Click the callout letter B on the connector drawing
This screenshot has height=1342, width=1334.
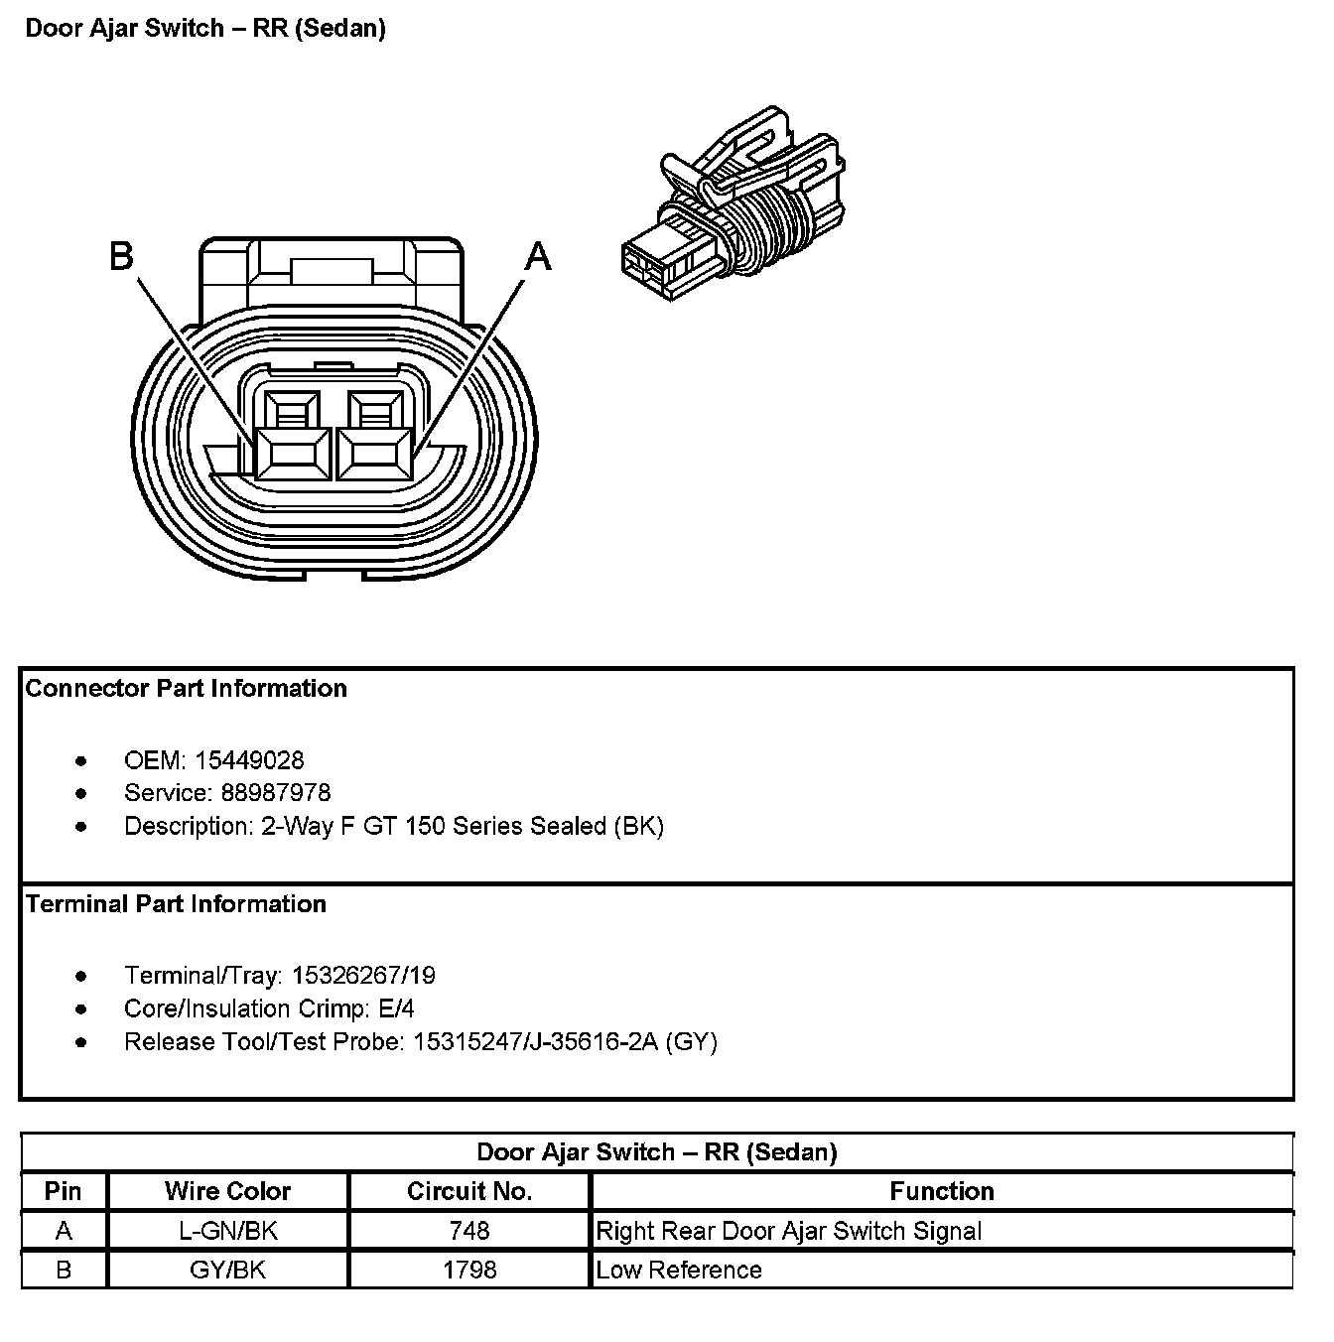(x=121, y=256)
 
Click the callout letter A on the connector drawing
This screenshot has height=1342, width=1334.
(x=537, y=257)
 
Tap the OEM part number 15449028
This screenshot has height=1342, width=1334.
(x=249, y=760)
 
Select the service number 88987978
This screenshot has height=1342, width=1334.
(x=262, y=793)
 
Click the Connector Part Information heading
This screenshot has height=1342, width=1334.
(x=187, y=689)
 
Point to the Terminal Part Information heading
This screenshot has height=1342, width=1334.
(x=176, y=904)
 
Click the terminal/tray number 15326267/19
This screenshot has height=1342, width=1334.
(x=363, y=976)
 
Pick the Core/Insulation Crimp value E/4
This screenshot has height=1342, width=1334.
(x=396, y=1008)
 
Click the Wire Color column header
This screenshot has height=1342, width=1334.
(x=227, y=1191)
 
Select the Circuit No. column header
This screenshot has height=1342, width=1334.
(x=469, y=1191)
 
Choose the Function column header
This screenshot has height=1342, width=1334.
(x=941, y=1191)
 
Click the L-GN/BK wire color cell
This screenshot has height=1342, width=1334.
(x=227, y=1231)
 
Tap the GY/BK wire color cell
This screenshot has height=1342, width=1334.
(x=227, y=1270)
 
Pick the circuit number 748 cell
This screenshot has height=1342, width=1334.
(x=469, y=1231)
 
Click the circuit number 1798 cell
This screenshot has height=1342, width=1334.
(x=469, y=1270)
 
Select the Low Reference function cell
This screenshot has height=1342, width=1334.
(x=679, y=1270)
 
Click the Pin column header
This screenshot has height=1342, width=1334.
(x=64, y=1191)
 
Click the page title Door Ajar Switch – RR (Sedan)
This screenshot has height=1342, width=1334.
(x=205, y=28)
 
